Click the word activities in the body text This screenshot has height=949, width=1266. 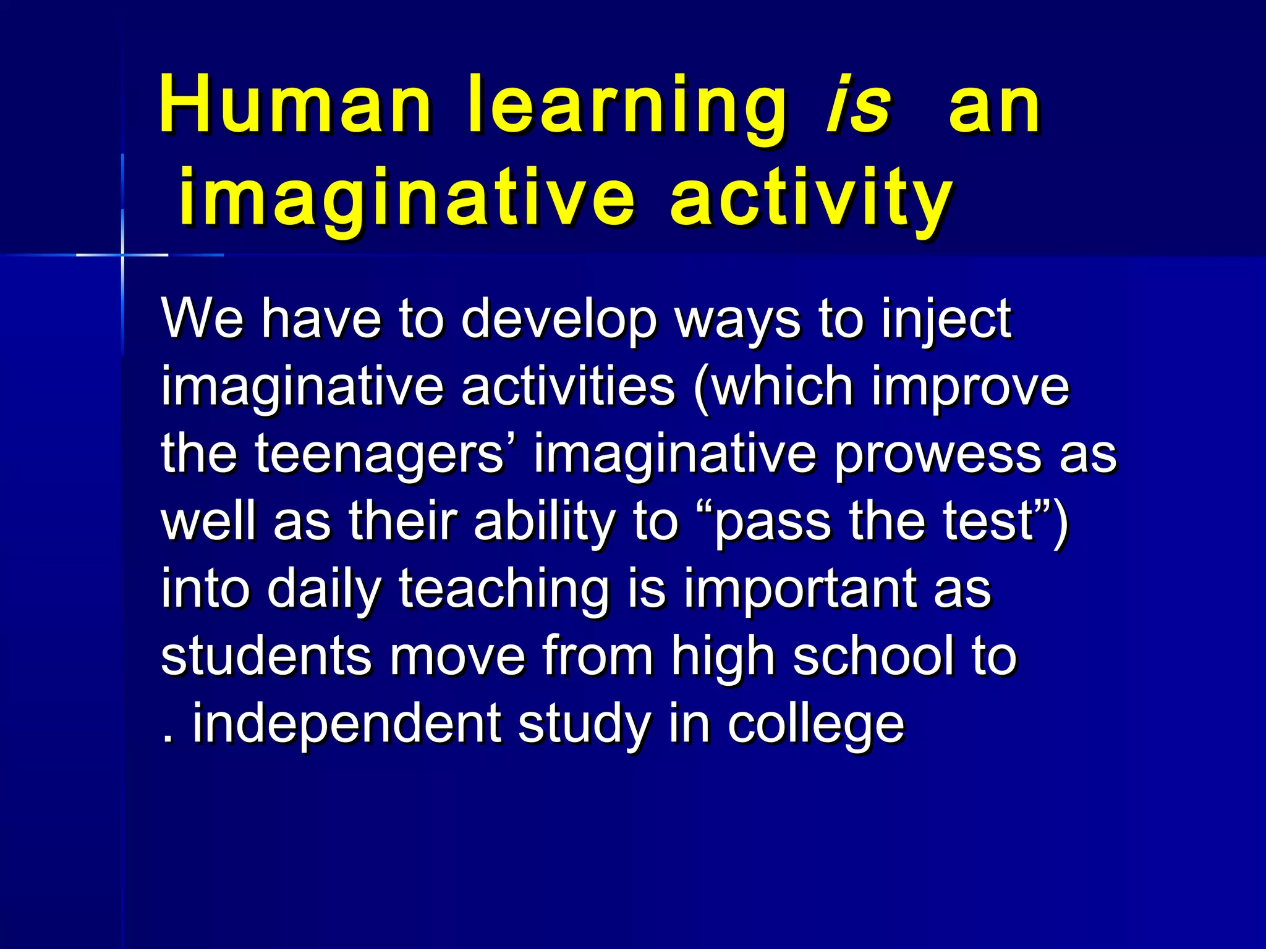[567, 387]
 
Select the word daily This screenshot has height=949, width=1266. [324, 591]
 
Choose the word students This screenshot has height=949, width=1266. [266, 656]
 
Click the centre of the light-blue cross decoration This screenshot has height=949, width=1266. [122, 255]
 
